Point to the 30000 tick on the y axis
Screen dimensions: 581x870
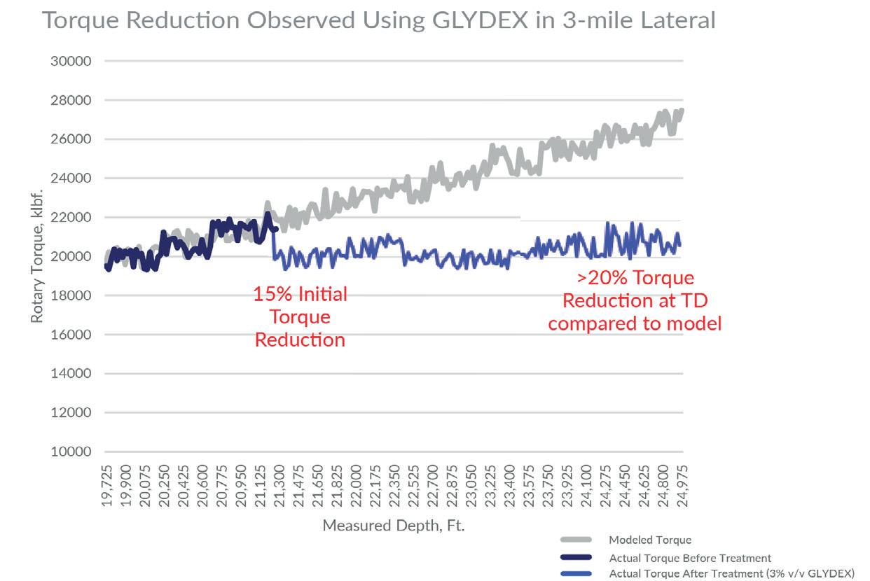click(71, 61)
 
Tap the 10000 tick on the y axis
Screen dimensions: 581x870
click(71, 451)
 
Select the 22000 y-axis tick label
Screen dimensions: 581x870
click(71, 217)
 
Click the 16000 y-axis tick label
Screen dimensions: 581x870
click(71, 335)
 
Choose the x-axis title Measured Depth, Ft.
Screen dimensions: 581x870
click(394, 524)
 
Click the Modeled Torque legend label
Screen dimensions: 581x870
click(649, 540)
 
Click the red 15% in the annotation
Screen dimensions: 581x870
click(268, 294)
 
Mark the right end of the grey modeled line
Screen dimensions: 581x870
click(682, 110)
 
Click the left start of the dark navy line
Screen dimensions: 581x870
click(106, 266)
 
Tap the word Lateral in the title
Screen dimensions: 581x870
click(678, 20)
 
